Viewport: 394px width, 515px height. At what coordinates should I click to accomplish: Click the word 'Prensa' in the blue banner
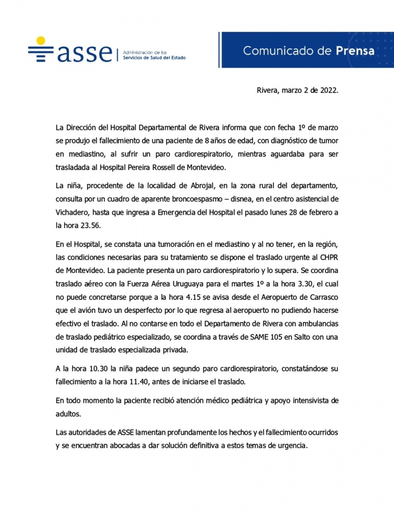click(355, 51)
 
